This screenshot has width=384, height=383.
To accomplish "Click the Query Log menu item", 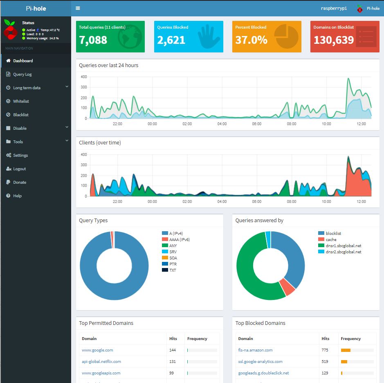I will (x=22, y=74).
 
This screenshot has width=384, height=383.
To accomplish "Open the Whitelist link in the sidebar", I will (x=21, y=101).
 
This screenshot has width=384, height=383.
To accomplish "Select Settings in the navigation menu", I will (x=20, y=155).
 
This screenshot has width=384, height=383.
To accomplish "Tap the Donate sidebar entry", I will (x=19, y=182).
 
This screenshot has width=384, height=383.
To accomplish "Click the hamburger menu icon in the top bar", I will (x=78, y=8).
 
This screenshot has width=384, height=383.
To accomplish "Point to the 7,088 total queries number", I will (x=93, y=40).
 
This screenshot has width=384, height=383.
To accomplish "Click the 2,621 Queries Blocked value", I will (x=171, y=40).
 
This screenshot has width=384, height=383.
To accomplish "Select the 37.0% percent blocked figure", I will (x=251, y=40).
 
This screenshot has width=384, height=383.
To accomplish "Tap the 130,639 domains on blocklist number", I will (x=333, y=40).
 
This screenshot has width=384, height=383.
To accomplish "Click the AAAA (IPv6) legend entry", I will (x=179, y=240).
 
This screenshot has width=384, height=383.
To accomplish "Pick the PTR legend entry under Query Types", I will (x=173, y=264).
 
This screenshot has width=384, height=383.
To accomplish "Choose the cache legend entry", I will (x=331, y=240).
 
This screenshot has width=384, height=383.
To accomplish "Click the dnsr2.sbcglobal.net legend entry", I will (x=343, y=252).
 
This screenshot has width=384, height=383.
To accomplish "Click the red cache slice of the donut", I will (x=288, y=287).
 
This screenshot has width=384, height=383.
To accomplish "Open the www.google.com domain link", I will (x=97, y=350).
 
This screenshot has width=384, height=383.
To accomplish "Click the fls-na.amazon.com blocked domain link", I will (x=255, y=350).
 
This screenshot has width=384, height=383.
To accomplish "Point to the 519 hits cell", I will (x=325, y=362).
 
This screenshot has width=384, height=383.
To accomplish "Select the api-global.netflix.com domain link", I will (x=101, y=362).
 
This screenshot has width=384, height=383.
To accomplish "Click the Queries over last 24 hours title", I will (x=108, y=65).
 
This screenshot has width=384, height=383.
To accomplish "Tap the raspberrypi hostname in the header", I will (x=334, y=8).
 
